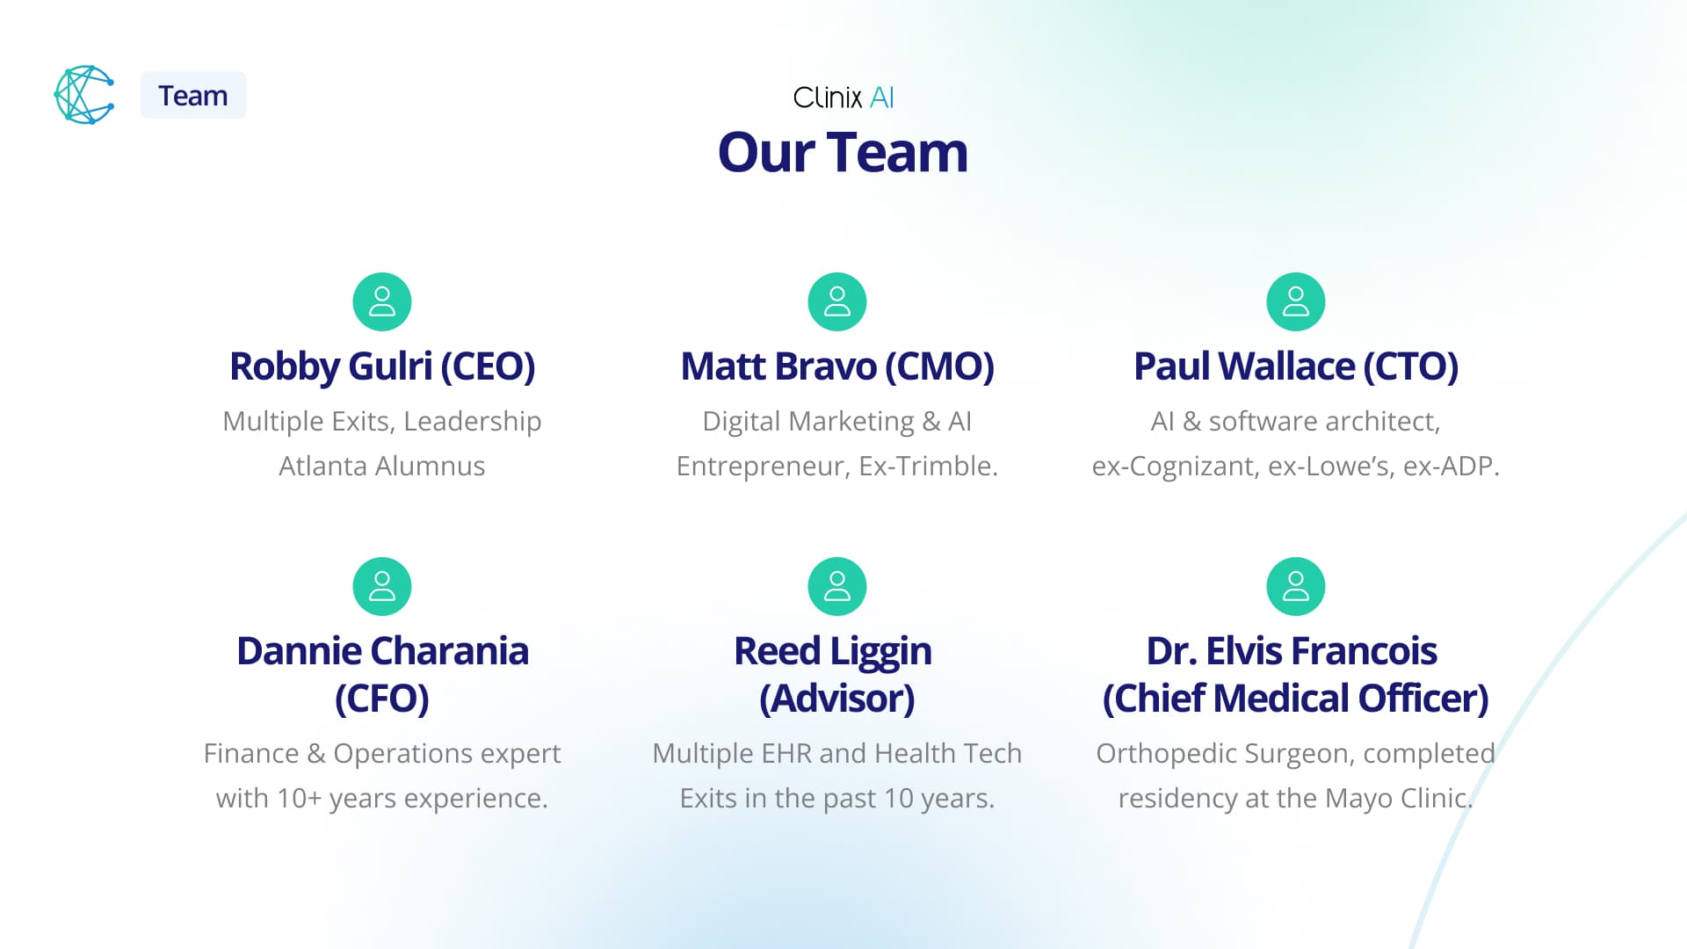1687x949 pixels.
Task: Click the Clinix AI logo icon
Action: (x=84, y=95)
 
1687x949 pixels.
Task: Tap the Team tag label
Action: (x=193, y=95)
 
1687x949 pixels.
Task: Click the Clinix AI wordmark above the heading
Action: (x=843, y=98)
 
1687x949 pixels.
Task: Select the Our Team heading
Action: (x=843, y=152)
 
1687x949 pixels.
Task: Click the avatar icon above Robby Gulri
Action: (x=382, y=301)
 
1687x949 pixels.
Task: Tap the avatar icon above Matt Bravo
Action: (x=837, y=301)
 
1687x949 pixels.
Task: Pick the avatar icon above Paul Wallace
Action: (x=1296, y=301)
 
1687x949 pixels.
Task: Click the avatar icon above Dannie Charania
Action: (x=382, y=586)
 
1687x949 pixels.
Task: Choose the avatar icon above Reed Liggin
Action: (x=837, y=586)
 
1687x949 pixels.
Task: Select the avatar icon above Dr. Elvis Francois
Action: (x=1296, y=586)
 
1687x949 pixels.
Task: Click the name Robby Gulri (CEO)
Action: (x=382, y=366)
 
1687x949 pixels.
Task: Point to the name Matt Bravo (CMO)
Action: (x=837, y=366)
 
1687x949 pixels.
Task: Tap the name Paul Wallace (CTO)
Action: (x=1296, y=366)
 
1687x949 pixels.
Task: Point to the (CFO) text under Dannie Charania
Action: (x=382, y=699)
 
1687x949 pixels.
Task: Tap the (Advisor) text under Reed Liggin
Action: (x=837, y=699)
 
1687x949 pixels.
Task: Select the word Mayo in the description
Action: (x=1358, y=799)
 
